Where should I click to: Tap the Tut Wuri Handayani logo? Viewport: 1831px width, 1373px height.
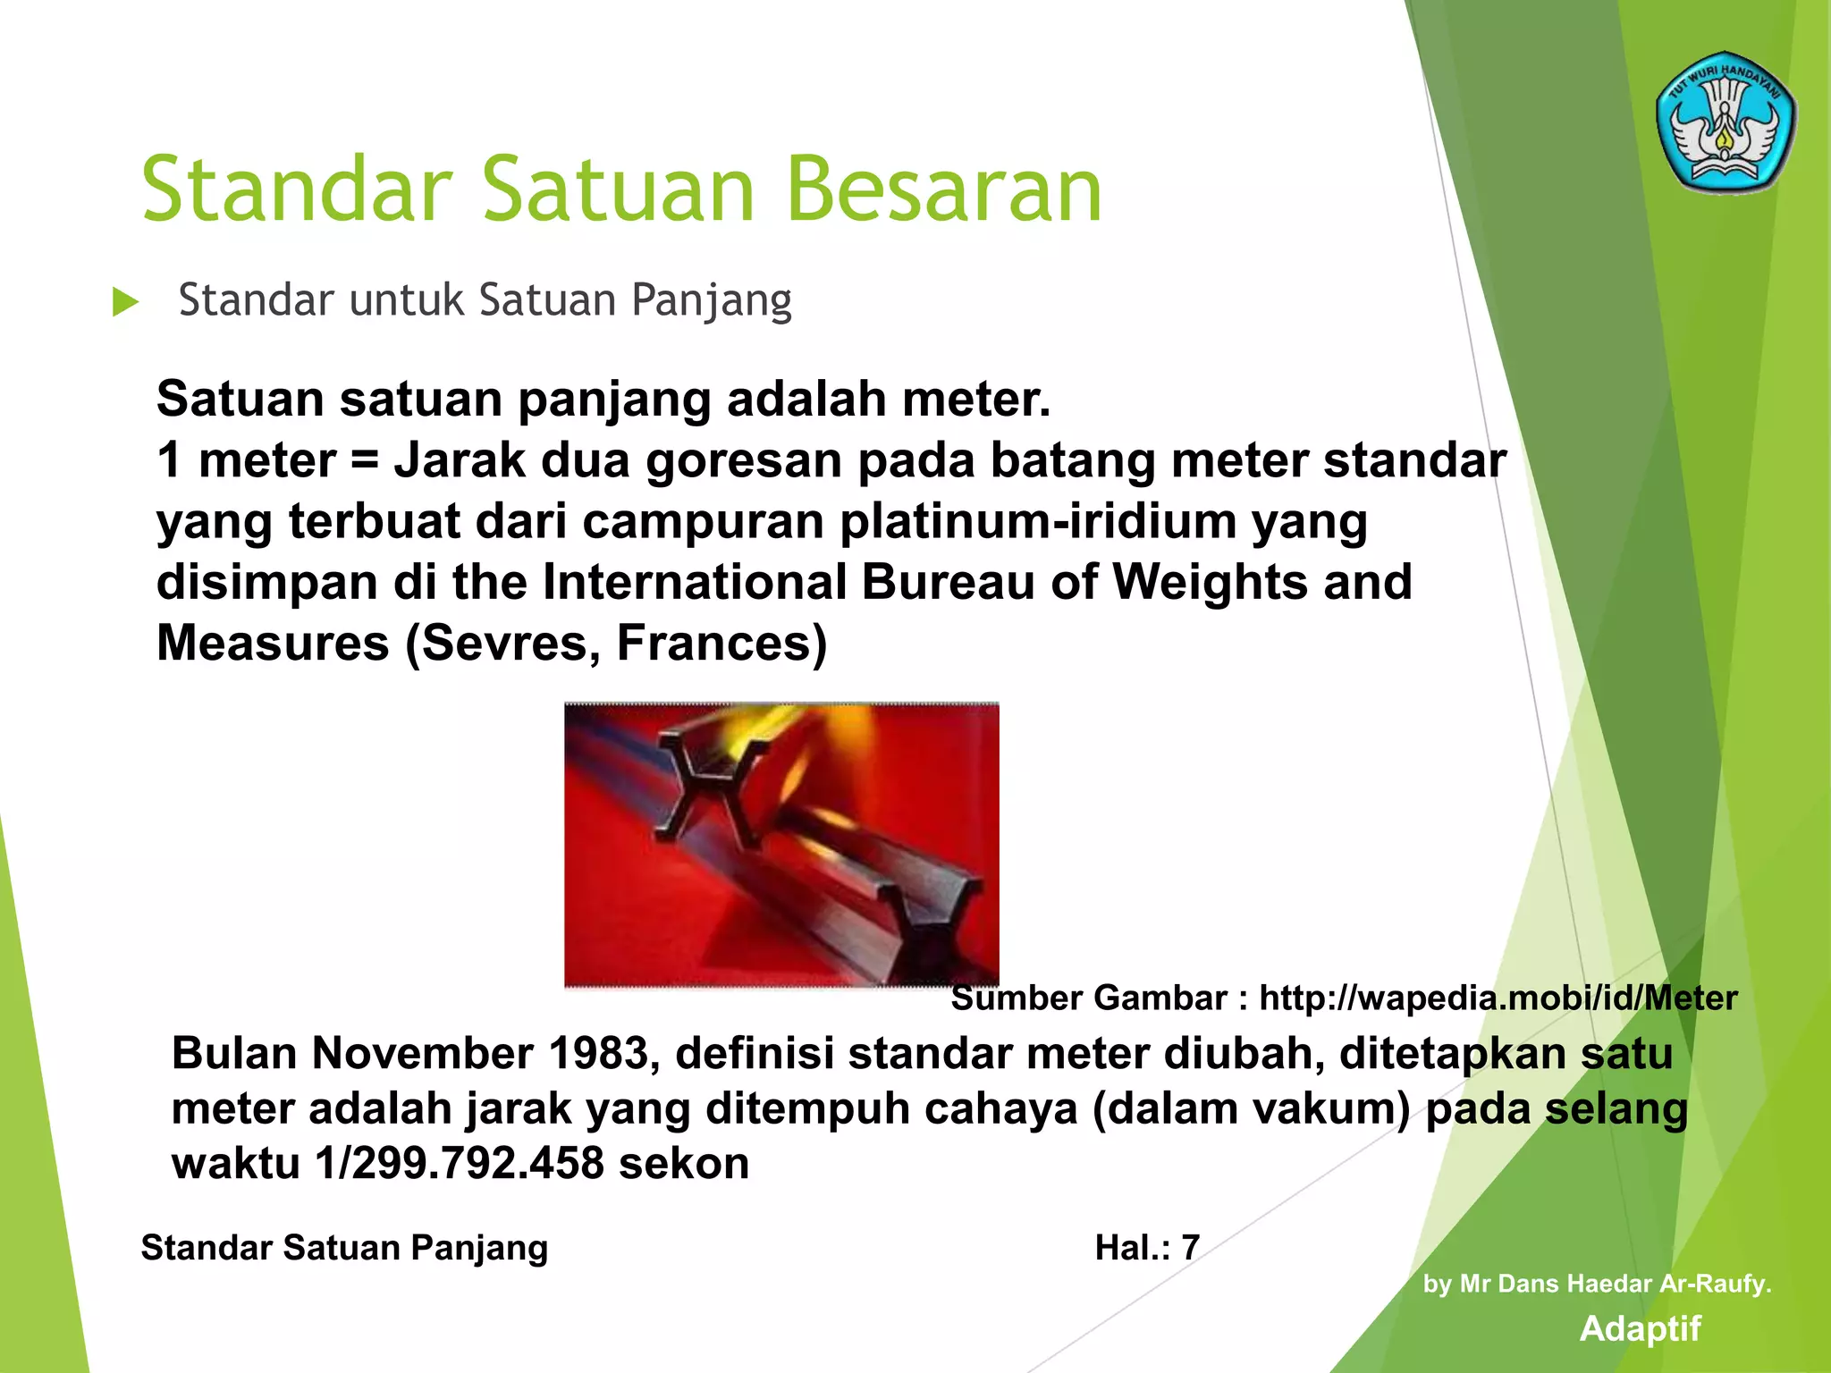(1725, 122)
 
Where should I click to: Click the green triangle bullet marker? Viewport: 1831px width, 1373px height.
(125, 302)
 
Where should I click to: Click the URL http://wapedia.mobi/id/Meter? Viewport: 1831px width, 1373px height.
(1498, 998)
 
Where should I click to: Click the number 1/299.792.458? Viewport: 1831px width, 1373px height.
(459, 1163)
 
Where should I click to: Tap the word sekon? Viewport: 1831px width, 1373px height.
(684, 1163)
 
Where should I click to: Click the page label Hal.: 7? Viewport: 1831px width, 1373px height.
(1146, 1247)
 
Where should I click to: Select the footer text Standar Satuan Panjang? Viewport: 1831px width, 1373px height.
(344, 1247)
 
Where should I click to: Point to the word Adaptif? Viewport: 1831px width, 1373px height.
(1640, 1328)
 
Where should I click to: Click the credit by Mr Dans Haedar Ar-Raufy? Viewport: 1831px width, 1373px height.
(1597, 1284)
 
